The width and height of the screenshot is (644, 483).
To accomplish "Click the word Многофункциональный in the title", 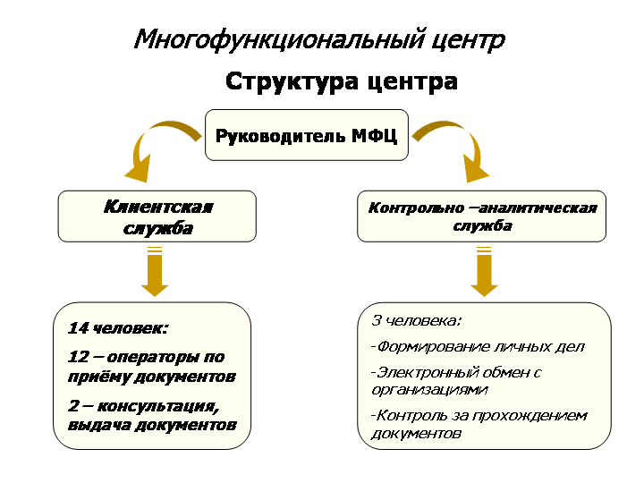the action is coord(278,40).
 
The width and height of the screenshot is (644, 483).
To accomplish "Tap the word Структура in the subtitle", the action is coord(292,81).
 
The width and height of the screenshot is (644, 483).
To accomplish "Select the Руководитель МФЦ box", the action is coord(307,135).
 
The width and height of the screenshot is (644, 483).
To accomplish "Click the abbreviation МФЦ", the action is coord(374,136).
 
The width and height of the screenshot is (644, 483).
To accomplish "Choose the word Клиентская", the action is coord(158,207).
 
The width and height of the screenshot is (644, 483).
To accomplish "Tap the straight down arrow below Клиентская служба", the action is coord(155,272).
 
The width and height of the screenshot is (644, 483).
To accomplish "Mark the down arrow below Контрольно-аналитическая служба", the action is coord(484,272).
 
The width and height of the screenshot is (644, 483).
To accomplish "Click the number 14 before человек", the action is coord(78,328).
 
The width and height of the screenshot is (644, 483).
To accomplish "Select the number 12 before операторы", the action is coord(79,357).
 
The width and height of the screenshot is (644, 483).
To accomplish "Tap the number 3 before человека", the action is coord(377,320).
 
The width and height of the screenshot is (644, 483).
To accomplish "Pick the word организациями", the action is coord(429,390).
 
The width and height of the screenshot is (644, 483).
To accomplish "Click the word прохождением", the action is coord(530,417).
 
